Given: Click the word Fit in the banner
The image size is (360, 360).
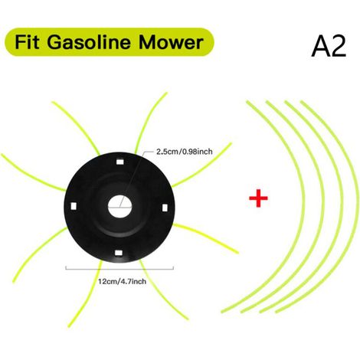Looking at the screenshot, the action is [x=27, y=42].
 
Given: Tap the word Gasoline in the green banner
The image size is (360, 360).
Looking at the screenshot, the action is [x=89, y=42].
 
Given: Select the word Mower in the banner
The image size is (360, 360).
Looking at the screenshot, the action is [x=171, y=42].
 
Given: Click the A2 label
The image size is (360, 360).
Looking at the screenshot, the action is [x=329, y=47].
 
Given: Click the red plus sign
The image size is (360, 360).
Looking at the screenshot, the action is [x=258, y=198].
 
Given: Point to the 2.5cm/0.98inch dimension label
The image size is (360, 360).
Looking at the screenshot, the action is [x=184, y=152].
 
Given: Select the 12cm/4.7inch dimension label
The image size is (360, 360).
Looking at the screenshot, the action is [x=122, y=281].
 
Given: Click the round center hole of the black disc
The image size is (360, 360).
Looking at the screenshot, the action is [x=119, y=207].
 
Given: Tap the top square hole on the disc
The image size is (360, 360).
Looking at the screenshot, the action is [x=119, y=162].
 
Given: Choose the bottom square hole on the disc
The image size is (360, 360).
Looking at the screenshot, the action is [x=119, y=253].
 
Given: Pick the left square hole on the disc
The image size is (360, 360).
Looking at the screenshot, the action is [x=74, y=206].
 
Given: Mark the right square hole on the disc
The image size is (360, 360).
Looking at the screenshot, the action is [x=165, y=208].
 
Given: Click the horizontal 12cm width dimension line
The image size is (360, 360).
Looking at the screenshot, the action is [x=119, y=269].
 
